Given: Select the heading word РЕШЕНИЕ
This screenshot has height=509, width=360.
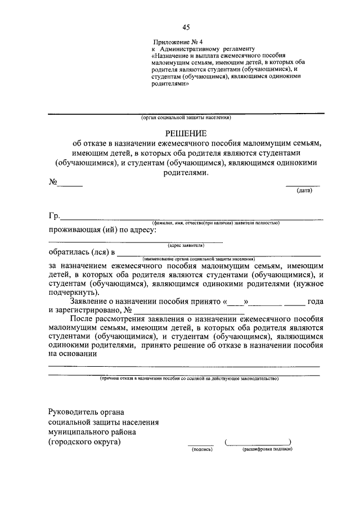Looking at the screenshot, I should [186, 133].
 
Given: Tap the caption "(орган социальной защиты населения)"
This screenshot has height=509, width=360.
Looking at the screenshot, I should [186, 118].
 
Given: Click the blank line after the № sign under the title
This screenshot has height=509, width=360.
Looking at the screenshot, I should [71, 184].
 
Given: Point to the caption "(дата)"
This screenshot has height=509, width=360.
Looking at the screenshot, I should [304, 191].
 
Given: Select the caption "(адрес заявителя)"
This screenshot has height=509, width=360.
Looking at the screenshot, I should [186, 245].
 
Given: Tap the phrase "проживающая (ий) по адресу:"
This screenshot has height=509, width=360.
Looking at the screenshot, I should [102, 231].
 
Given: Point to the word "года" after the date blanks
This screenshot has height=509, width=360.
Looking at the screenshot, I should [315, 301].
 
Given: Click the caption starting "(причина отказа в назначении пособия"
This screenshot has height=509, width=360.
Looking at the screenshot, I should [186, 379].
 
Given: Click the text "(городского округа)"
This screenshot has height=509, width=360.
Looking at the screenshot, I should [84, 442].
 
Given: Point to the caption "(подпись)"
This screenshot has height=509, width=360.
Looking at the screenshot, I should [201, 449].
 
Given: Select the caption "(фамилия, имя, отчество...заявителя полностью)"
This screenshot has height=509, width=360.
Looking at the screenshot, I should [211, 223].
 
